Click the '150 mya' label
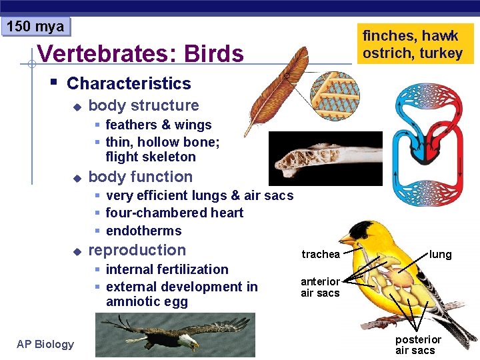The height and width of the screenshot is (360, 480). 35,27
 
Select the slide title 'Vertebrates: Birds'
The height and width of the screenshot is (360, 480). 141,53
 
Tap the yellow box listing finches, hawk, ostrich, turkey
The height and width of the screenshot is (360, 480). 413,44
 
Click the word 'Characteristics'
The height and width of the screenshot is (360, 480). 129,83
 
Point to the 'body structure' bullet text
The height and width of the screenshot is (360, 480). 143,105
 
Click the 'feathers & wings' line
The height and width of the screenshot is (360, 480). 158,125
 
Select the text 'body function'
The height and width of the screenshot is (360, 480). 140,177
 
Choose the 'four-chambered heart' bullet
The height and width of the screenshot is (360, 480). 174,213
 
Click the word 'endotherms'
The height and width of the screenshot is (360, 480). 143,231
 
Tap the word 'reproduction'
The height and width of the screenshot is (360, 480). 137,250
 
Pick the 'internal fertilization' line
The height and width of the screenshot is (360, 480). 167,269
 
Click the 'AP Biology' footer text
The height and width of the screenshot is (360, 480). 45,344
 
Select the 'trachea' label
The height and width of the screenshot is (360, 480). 320,254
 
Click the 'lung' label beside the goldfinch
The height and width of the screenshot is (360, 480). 440,254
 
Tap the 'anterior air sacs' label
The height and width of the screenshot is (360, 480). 320,287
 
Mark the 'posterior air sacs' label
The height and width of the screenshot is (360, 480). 418,345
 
